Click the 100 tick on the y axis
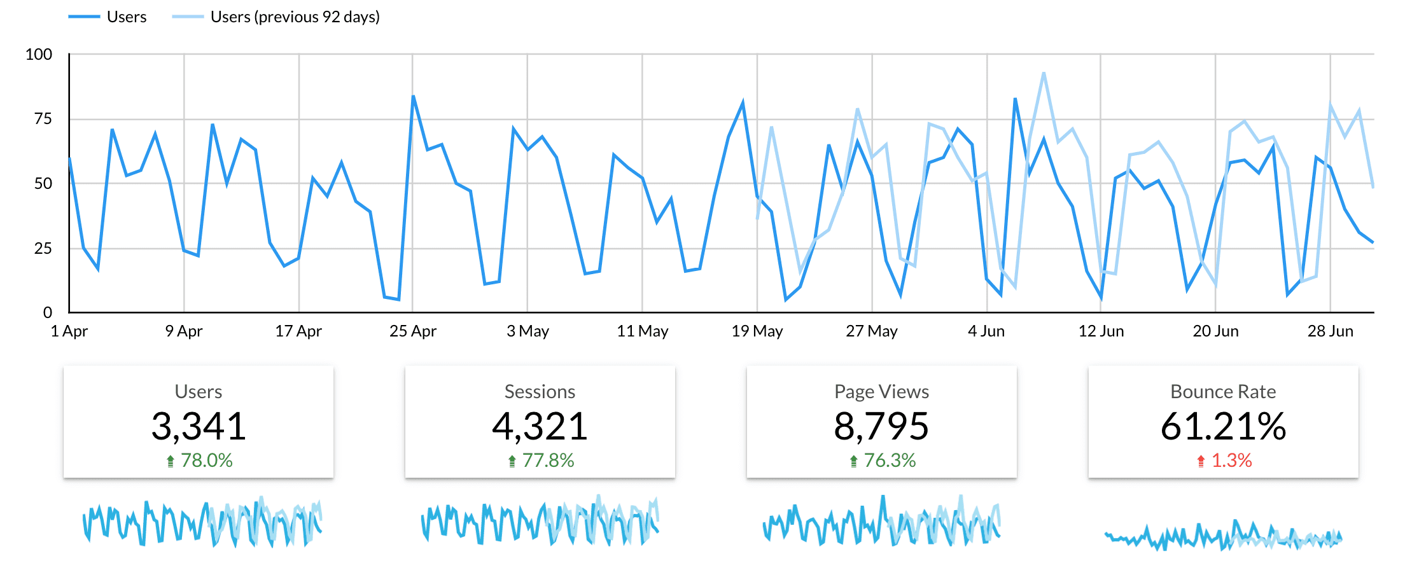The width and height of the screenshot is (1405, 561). pyautogui.click(x=39, y=55)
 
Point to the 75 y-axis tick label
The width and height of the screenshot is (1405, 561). pyautogui.click(x=43, y=119)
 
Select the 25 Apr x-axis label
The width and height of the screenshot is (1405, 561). pyautogui.click(x=413, y=331)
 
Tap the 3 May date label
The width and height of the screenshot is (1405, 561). pyautogui.click(x=528, y=331)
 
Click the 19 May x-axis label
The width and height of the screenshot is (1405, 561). pyautogui.click(x=757, y=331)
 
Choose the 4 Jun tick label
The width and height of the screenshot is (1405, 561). pyautogui.click(x=986, y=331)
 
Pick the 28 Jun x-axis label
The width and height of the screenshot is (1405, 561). pyautogui.click(x=1330, y=331)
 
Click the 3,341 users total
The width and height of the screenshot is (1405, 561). pyautogui.click(x=199, y=426)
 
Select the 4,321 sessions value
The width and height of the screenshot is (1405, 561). pyautogui.click(x=540, y=426)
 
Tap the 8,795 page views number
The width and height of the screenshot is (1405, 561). pyautogui.click(x=881, y=426)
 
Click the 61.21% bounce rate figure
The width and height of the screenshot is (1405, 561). pyautogui.click(x=1223, y=426)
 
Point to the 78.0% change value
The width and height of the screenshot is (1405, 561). pyautogui.click(x=206, y=461)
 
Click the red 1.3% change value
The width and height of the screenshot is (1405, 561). pyautogui.click(x=1231, y=461)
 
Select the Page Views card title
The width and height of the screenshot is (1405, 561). pyautogui.click(x=881, y=392)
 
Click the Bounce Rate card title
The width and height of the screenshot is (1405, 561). pyautogui.click(x=1223, y=392)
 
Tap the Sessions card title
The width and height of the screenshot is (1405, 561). pyautogui.click(x=540, y=392)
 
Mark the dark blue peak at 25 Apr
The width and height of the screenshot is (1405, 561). pyautogui.click(x=413, y=97)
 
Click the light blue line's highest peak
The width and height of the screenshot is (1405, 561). pyautogui.click(x=1044, y=74)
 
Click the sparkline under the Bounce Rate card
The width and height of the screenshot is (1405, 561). pyautogui.click(x=1223, y=537)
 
